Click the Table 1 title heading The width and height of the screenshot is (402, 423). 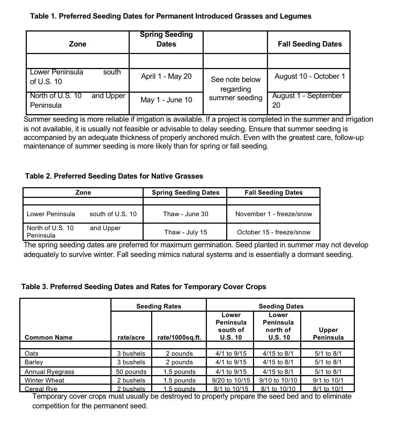[170, 16]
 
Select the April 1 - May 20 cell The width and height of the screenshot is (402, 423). [166, 76]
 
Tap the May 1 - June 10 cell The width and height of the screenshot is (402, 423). [166, 100]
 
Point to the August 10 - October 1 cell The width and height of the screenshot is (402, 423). [309, 76]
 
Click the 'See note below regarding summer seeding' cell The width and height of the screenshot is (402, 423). [235, 89]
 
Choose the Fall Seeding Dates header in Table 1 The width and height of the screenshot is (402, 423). [309, 44]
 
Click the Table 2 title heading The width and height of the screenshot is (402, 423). [114, 176]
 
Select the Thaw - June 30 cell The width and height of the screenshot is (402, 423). [185, 214]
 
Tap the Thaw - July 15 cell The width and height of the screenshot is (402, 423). [185, 232]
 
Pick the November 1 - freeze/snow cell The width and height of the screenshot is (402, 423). [273, 214]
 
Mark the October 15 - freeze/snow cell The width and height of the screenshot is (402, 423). [273, 232]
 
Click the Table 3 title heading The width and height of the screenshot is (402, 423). [144, 287]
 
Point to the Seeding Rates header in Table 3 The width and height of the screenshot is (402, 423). [159, 306]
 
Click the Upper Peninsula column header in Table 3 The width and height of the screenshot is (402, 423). [328, 334]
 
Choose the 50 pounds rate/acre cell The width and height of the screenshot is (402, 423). [131, 372]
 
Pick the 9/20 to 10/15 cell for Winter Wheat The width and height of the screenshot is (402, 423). [231, 380]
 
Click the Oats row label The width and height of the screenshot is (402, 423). [31, 354]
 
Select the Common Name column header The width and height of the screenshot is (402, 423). [48, 337]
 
